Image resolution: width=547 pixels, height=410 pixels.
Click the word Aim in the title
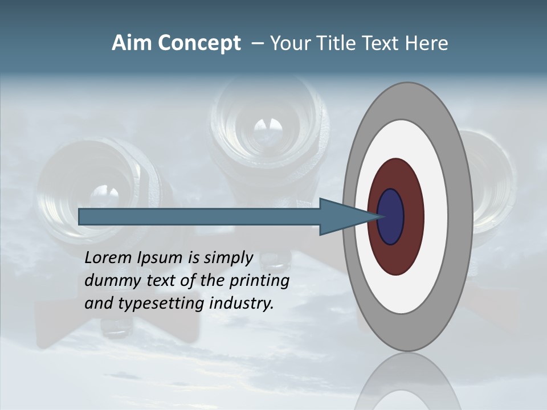pyautogui.click(x=130, y=43)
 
